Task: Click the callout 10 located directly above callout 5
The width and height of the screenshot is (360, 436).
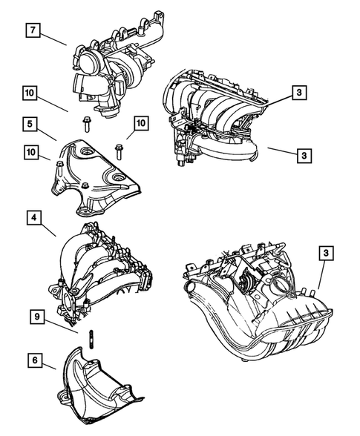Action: pyautogui.click(x=30, y=93)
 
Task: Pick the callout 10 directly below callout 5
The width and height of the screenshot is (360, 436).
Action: pyautogui.click(x=30, y=153)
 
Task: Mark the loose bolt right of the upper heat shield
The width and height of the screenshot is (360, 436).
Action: pyautogui.click(x=119, y=152)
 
